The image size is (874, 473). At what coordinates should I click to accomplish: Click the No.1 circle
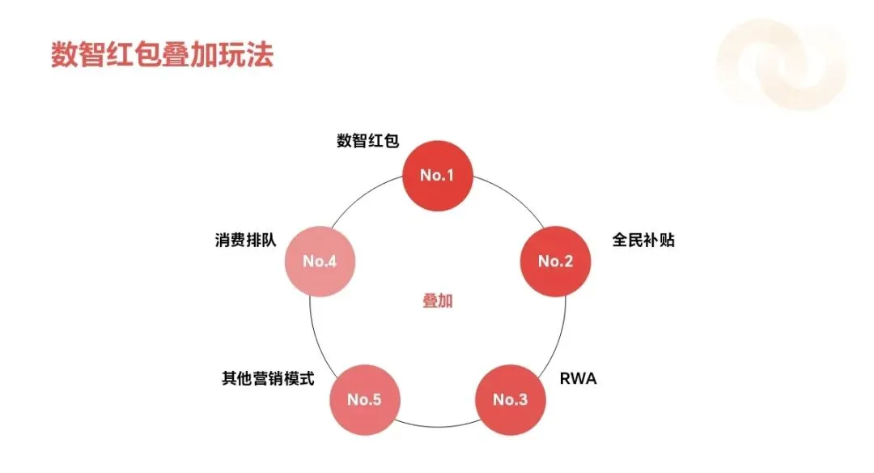[438, 175]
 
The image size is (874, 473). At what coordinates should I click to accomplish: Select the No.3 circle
[510, 399]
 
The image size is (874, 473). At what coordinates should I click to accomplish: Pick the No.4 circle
[319, 261]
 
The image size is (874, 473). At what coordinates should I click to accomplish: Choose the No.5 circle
[364, 399]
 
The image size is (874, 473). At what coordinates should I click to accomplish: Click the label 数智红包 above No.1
[368, 140]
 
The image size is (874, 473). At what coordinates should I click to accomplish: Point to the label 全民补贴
[643, 241]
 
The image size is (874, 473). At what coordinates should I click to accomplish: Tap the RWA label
[579, 378]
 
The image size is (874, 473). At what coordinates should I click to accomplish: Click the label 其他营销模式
[268, 378]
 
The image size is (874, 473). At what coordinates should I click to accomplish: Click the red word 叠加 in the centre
[438, 300]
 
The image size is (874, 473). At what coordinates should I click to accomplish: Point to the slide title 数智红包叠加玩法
[162, 55]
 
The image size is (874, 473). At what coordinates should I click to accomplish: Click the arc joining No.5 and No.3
[437, 427]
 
